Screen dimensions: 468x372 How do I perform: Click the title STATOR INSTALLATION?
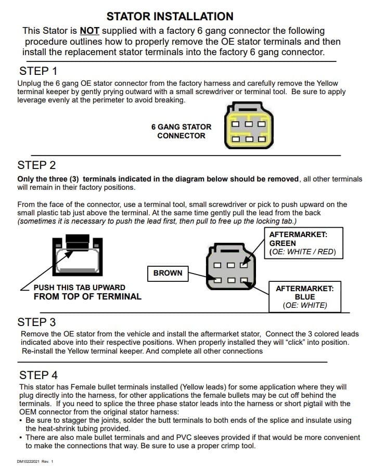(170, 17)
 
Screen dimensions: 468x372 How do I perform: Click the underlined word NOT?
(89, 31)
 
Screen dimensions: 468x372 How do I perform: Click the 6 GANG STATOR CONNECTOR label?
(181, 131)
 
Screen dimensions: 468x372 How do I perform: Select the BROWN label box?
(168, 272)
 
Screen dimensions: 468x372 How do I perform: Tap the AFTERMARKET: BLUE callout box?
(304, 296)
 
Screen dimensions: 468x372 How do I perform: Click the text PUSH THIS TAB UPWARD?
(80, 287)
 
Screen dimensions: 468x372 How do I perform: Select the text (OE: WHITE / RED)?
(302, 252)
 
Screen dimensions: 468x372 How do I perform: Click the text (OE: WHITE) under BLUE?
(305, 305)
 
